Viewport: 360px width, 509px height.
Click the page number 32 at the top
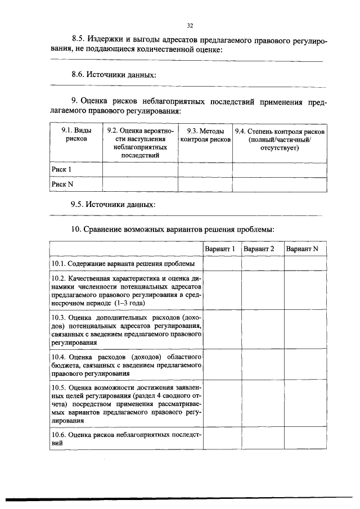190,25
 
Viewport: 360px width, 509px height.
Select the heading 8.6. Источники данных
113,74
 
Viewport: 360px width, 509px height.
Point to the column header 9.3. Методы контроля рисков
205,136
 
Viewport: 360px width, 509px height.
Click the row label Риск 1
62,169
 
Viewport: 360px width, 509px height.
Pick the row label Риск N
62,184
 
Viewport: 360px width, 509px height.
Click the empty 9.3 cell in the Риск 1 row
205,169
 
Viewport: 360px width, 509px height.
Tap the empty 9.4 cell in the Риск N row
280,184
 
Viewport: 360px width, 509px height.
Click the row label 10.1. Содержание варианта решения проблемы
123,263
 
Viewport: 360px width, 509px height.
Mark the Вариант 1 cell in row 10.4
222,365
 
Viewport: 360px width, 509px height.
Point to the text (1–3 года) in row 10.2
129,303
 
